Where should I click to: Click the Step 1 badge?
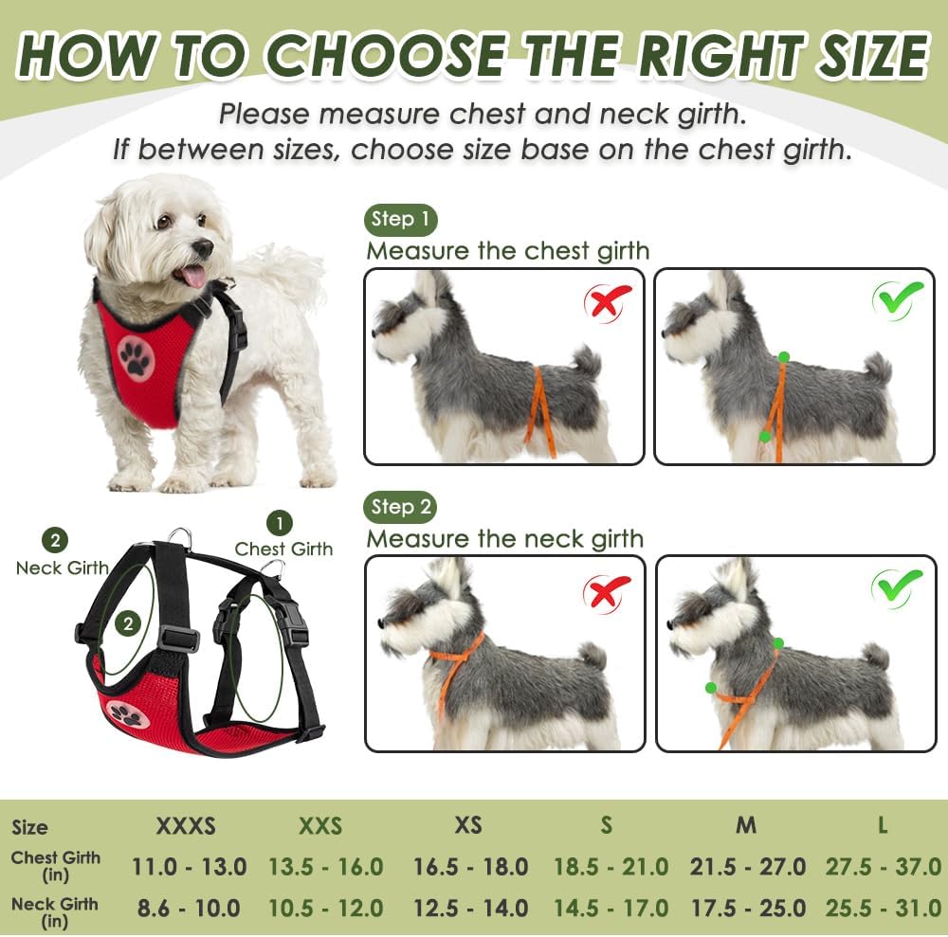pyautogui.click(x=400, y=220)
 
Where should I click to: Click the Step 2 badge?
pyautogui.click(x=400, y=507)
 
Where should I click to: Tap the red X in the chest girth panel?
pyautogui.click(x=608, y=302)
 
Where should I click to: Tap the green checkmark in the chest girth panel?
pyautogui.click(x=897, y=299)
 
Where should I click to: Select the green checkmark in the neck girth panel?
pyautogui.click(x=897, y=586)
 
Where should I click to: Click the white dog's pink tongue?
pyautogui.click(x=193, y=275)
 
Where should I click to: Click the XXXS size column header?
pyautogui.click(x=186, y=826)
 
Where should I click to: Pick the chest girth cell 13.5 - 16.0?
pyautogui.click(x=326, y=867)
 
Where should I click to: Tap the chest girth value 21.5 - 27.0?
pyautogui.click(x=746, y=867)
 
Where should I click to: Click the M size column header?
pyautogui.click(x=746, y=825)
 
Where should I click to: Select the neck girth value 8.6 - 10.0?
pyautogui.click(x=189, y=908)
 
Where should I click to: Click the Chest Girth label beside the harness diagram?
pyautogui.click(x=283, y=549)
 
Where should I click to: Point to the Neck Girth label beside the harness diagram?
pyautogui.click(x=62, y=568)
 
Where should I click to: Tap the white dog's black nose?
pyautogui.click(x=202, y=248)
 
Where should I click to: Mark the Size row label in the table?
pyautogui.click(x=29, y=827)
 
